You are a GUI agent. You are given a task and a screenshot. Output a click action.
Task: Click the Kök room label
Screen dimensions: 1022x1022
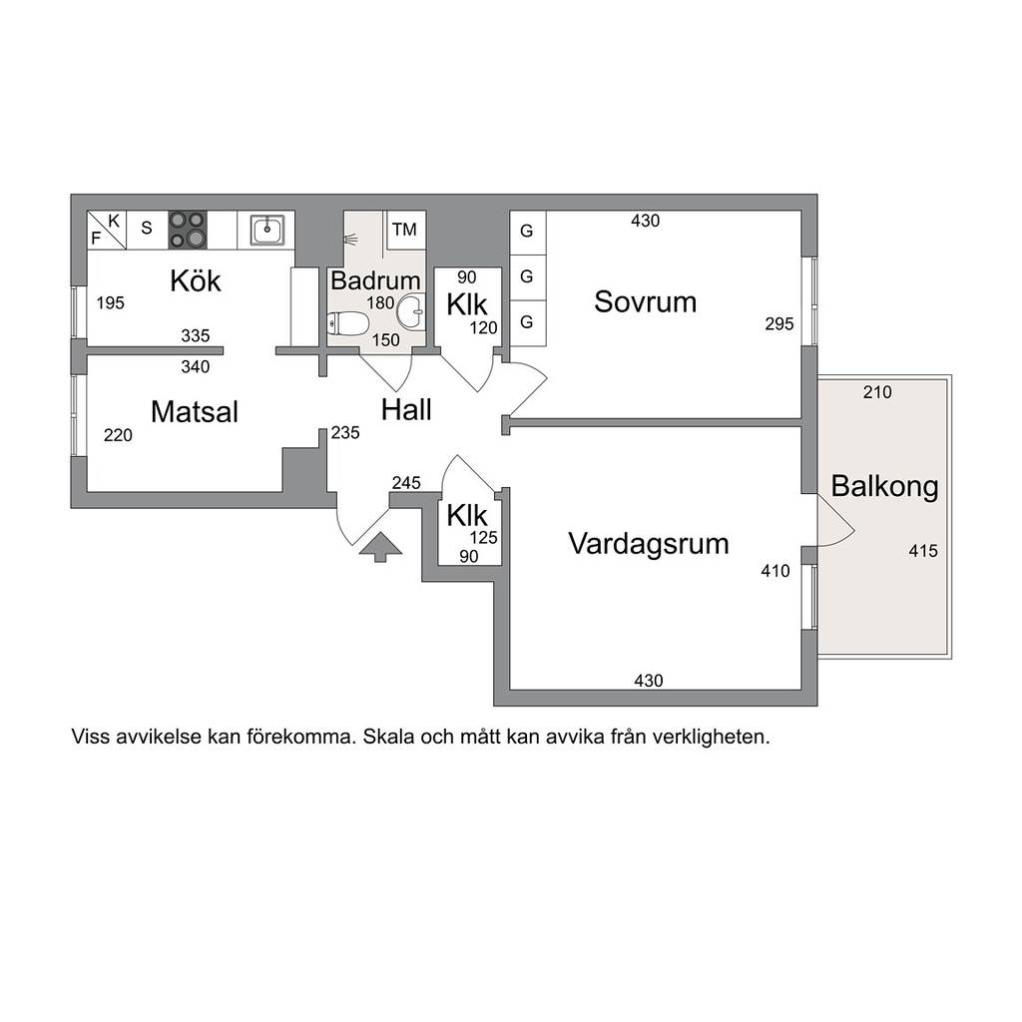(x=196, y=280)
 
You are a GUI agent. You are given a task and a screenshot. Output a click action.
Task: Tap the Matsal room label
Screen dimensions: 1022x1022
(x=195, y=412)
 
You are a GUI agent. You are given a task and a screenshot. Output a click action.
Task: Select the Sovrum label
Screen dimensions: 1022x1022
(x=646, y=301)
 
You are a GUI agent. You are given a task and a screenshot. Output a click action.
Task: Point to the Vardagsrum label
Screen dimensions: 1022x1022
(x=649, y=544)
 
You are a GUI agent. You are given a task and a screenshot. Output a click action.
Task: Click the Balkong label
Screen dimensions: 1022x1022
(x=884, y=486)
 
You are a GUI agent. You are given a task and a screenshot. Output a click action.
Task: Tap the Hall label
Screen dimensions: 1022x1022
(x=406, y=410)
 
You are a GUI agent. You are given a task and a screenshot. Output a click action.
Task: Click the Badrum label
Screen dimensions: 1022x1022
(x=375, y=280)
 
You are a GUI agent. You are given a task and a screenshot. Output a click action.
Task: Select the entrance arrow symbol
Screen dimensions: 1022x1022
(x=380, y=547)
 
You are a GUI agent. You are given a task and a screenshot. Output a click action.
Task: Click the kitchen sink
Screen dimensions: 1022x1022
(x=267, y=230)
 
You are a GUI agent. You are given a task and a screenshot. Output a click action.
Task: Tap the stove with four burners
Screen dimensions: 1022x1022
(x=188, y=230)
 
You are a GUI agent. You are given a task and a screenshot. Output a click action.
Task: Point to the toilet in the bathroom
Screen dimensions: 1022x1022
(x=348, y=322)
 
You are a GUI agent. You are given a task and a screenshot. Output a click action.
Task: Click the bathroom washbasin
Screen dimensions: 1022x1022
(x=411, y=311)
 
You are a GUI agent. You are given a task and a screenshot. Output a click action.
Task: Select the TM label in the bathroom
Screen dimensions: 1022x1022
(x=404, y=230)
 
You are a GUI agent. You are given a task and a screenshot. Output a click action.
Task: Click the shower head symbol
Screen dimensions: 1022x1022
(x=350, y=240)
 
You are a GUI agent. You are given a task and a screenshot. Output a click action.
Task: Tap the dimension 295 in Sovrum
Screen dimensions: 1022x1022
(x=779, y=324)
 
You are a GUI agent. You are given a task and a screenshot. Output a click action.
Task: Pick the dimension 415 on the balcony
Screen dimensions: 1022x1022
(x=923, y=551)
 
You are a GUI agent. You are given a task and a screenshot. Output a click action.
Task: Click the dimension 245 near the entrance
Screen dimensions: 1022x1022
(x=406, y=483)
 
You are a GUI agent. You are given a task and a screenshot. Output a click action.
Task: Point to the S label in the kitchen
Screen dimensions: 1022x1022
(x=147, y=229)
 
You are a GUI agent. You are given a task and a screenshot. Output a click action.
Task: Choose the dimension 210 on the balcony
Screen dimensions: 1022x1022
(x=877, y=392)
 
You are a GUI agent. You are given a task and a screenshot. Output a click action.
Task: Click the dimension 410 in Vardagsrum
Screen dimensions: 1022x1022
(x=775, y=572)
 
